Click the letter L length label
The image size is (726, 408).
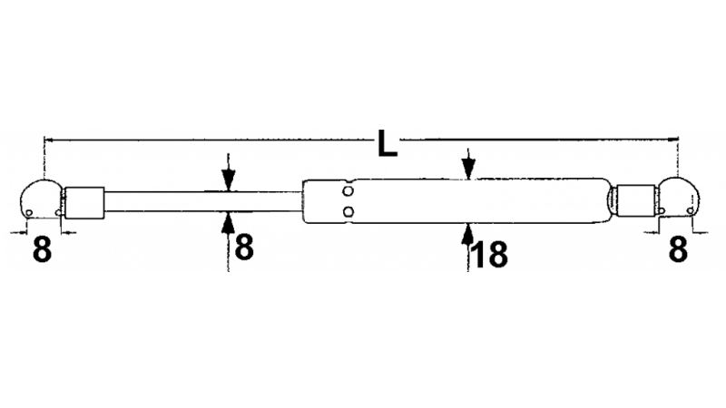pos(388,143)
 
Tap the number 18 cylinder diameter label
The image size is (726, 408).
pos(489,255)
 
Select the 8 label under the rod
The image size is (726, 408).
pos(244,248)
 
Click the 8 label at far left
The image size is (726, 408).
pos(42,250)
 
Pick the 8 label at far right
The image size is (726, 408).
pos(678,250)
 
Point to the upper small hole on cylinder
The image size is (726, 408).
pos(348,191)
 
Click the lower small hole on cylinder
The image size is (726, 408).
pos(348,212)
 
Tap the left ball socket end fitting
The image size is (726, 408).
pos(41,199)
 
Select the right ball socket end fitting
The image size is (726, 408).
pos(678,197)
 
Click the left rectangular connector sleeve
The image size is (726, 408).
pos(84,202)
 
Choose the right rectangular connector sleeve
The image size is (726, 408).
pos(636,200)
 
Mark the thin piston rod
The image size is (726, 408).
pos(203,201)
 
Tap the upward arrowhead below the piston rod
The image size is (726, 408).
pos(229,222)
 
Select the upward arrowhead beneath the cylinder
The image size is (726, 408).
pos(467,233)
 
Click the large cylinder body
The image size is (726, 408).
pos(456,201)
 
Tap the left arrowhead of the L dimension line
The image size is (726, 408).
pos(49,139)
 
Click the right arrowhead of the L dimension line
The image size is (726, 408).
pos(672,139)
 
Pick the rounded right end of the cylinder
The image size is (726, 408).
pos(607,200)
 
